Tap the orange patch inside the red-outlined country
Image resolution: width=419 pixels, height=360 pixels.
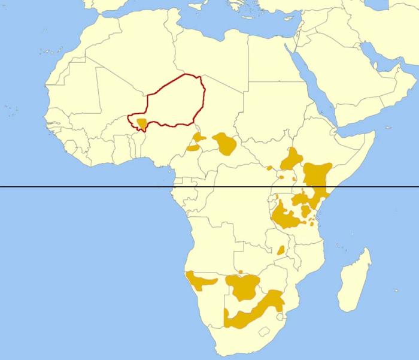tap(142, 124)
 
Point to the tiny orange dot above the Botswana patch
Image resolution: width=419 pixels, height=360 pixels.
tap(240, 272)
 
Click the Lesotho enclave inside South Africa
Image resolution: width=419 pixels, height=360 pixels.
tap(261, 331)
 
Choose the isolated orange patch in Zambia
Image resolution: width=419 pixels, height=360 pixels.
tap(280, 250)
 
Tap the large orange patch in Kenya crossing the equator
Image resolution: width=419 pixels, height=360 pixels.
tap(316, 177)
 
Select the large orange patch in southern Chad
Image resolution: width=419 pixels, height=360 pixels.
tap(226, 144)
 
